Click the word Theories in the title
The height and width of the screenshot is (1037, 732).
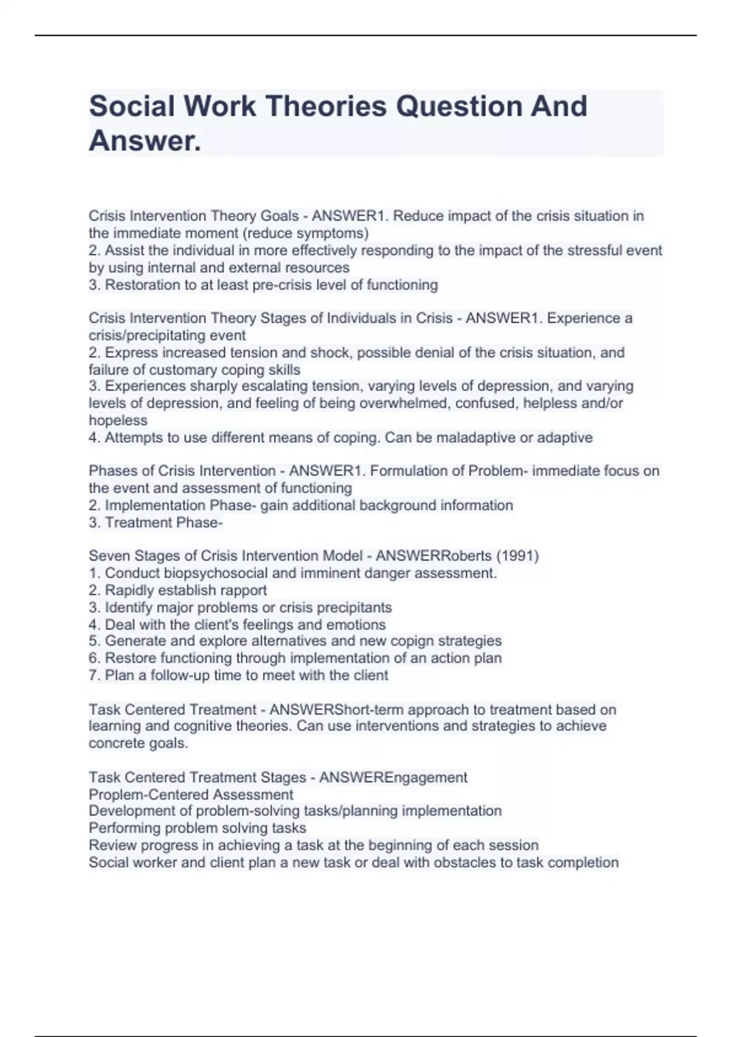pyautogui.click(x=326, y=106)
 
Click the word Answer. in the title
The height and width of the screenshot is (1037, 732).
pyautogui.click(x=145, y=141)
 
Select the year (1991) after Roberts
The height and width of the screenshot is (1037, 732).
pyautogui.click(x=517, y=556)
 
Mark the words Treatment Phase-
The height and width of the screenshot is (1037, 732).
pyautogui.click(x=163, y=522)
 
